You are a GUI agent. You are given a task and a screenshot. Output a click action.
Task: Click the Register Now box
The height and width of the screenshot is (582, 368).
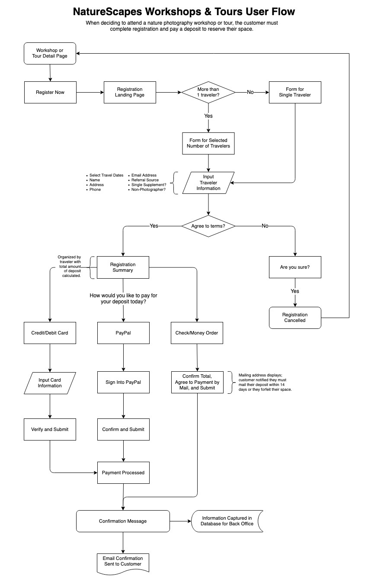[50, 92]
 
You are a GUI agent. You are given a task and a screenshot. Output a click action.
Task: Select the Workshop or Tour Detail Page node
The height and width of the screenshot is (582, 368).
[50, 53]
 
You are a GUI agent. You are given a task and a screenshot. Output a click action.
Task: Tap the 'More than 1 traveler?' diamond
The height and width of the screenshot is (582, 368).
[208, 92]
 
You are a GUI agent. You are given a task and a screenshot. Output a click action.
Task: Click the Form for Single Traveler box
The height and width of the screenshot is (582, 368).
[295, 92]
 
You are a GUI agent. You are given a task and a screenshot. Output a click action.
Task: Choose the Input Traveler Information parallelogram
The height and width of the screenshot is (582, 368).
[208, 183]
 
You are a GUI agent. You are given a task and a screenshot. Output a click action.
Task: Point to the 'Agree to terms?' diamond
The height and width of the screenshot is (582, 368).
[208, 226]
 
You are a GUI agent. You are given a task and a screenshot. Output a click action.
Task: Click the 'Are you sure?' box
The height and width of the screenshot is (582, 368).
[295, 267]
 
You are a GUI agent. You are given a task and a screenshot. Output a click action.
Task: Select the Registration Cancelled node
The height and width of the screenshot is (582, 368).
[295, 318]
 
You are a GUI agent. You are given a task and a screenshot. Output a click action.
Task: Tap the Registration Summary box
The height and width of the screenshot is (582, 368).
[123, 267]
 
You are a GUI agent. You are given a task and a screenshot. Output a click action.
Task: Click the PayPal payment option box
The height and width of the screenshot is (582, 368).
[123, 333]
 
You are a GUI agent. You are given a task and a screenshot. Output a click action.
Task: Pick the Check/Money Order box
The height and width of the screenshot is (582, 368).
[197, 333]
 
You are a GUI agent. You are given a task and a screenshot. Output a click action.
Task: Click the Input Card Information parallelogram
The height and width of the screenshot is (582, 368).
[50, 383]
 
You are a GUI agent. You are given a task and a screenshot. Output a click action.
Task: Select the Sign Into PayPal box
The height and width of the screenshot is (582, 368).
[123, 383]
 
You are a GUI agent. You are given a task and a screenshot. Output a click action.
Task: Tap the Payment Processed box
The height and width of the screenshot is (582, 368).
[123, 473]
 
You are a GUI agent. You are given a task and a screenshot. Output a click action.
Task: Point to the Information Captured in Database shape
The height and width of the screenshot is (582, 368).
[227, 521]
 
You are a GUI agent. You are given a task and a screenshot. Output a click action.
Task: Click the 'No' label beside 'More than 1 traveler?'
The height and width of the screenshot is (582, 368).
[250, 92]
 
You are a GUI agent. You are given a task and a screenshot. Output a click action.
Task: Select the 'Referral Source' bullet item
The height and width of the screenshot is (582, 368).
[145, 180]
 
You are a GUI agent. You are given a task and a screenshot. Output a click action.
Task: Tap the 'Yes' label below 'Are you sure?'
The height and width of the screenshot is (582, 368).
[295, 291]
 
